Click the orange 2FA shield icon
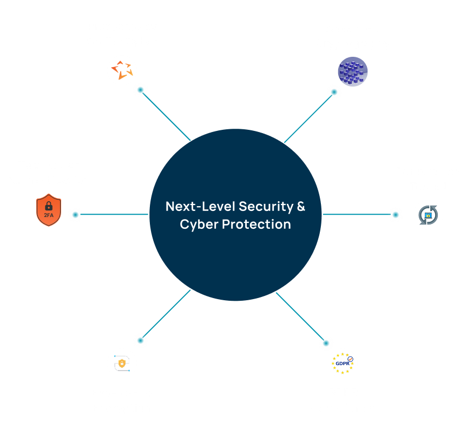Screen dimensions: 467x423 click(49, 210)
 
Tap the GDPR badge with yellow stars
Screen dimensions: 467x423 click(343, 363)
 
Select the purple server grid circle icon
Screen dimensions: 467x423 click(353, 71)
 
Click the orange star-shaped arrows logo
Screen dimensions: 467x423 click(122, 70)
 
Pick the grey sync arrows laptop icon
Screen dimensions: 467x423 click(428, 215)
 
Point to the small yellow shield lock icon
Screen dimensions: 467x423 click(122, 363)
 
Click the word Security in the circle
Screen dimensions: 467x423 click(266, 207)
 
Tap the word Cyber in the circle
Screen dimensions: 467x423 click(199, 224)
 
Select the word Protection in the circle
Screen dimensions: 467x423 click(256, 224)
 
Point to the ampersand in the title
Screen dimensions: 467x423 click(301, 206)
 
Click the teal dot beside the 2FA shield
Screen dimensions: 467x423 click(75, 215)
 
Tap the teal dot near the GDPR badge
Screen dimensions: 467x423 click(326, 343)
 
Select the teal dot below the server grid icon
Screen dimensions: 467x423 click(334, 92)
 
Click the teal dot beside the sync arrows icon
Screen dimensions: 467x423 click(396, 215)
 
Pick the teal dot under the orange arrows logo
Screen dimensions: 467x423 click(141, 90)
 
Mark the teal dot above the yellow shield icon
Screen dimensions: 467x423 click(141, 340)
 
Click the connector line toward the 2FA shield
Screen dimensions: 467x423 click(114, 214)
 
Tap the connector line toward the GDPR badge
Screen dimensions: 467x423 click(300, 316)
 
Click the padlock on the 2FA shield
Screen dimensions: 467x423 click(49, 206)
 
